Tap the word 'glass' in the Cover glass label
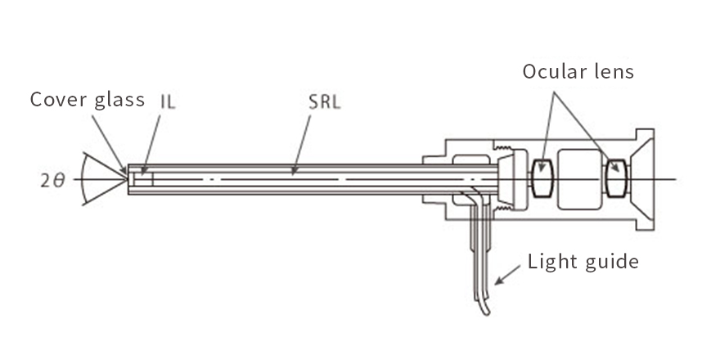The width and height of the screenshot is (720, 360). pos(119,101)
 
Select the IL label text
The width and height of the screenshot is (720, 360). pos(168,101)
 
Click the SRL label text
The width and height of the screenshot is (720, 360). pos(325,101)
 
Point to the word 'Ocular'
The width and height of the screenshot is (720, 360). pos(555,71)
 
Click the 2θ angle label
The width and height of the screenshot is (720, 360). pos(52,181)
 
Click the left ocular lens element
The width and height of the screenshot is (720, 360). pos(542,178)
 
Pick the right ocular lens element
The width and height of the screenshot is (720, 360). pos(616,178)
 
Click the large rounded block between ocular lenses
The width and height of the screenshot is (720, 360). pos(579,179)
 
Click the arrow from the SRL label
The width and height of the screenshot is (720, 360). pos(301,145)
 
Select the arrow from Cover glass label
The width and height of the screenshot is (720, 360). pos(109,145)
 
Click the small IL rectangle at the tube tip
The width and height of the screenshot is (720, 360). pos(143,179)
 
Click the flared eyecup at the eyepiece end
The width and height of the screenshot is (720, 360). pos(643,179)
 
